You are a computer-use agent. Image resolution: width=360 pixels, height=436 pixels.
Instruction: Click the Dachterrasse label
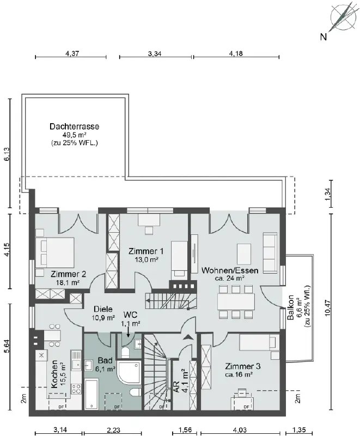pos(74,126)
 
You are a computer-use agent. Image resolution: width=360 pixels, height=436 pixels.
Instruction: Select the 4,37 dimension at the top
pos(72,53)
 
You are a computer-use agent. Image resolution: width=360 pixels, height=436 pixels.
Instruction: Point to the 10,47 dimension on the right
pos(328,307)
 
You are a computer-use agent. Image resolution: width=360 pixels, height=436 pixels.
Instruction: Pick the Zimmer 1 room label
pos(146,251)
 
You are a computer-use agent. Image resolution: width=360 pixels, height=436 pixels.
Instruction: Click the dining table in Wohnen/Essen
pos(236,302)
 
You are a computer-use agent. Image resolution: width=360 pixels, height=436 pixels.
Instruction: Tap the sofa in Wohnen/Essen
pos(270,252)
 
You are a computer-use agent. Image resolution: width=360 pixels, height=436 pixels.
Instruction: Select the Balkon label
pos(291,307)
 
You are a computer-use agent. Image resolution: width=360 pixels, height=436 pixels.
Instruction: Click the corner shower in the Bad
pos(129,372)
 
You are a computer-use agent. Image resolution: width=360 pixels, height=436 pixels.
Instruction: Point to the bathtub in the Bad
pos(91,394)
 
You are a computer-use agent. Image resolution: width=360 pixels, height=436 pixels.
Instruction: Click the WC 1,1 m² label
pos(130,319)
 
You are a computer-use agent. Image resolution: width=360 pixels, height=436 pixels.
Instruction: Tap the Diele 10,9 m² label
pos(103,313)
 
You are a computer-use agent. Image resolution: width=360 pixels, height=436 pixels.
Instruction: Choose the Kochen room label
pos(54,374)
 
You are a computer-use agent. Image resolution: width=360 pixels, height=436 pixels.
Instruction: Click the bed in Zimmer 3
pos(258,342)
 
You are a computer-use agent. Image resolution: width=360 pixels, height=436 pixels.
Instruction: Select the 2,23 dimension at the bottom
pos(113,430)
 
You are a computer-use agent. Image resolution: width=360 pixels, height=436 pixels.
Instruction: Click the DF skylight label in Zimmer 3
pos(246,407)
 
